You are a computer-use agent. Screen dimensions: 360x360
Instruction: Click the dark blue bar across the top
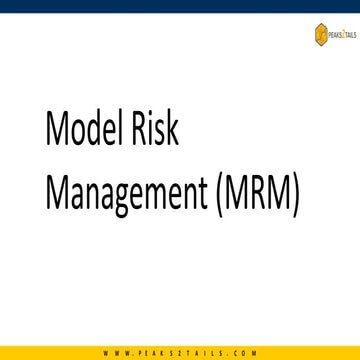[180, 6]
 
